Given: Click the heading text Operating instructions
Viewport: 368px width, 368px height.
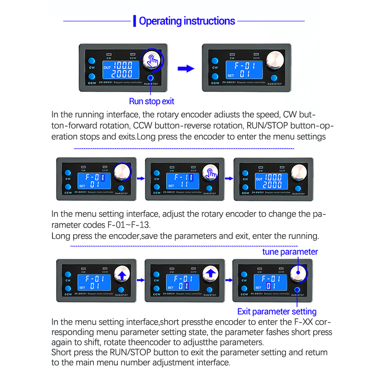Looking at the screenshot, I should point(187,21).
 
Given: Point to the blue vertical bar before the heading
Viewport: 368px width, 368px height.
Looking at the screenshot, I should point(134,21).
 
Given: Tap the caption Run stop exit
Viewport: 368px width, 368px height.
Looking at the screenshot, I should point(151,101).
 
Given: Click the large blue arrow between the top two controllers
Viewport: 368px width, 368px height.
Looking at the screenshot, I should point(186,69).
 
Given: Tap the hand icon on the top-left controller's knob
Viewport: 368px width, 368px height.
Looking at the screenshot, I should point(152,60).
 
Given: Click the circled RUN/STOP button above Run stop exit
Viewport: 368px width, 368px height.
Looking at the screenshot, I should point(150,78).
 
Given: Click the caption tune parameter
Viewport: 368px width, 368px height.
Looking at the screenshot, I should point(290,252).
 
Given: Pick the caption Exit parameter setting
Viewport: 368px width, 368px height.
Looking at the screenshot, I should point(277,311).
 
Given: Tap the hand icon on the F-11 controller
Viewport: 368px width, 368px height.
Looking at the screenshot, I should point(211,172).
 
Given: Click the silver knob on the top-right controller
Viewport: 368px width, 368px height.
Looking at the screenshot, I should point(275,59).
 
